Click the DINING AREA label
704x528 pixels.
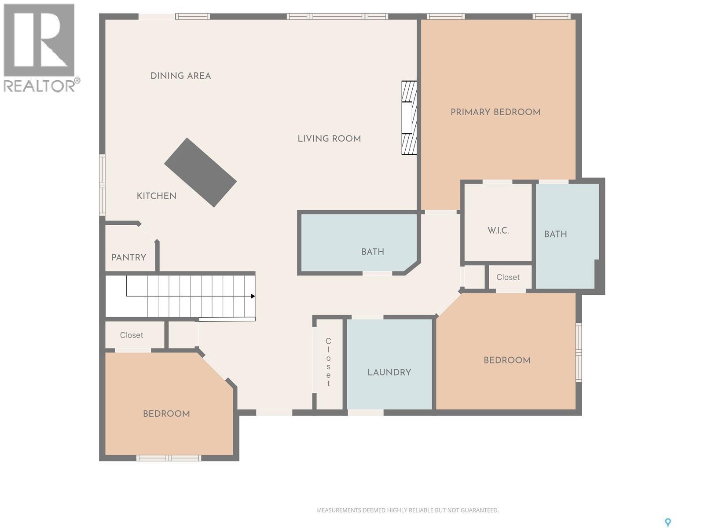coord(180,76)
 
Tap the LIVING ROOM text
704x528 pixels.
coord(329,139)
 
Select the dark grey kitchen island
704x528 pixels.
coord(201,172)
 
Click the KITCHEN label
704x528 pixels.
coord(156,196)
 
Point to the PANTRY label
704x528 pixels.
coord(128,257)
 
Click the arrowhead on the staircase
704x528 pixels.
coord(253,296)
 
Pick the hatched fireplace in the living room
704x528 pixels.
coord(409,118)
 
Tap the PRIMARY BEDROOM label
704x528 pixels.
coord(495,112)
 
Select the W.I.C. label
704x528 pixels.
coord(498,231)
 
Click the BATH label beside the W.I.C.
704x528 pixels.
coord(555,234)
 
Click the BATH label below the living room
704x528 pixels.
coord(372,252)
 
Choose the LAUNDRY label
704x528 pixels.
coord(389,372)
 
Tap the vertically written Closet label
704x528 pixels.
coord(328,362)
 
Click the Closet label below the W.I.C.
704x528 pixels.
coord(508,277)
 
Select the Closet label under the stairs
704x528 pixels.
coord(132,335)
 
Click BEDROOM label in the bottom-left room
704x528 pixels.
coord(166,414)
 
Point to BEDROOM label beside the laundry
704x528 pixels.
coord(507,360)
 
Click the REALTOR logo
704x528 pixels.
coord(41,48)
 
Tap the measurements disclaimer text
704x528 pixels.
coord(407,510)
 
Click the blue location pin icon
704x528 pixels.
coord(667,522)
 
